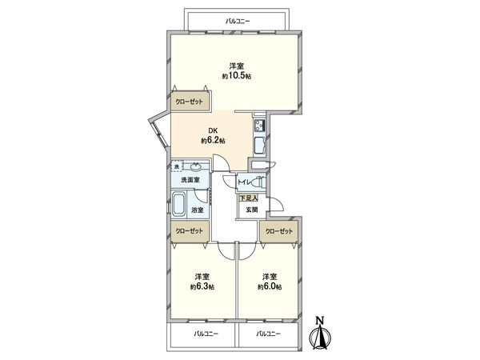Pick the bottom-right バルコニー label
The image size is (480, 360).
268,333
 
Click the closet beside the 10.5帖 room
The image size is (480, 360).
190,102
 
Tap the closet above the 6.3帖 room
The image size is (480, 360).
190,230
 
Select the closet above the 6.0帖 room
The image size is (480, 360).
278,230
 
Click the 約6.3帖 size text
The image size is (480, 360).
202,286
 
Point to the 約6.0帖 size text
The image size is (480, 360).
269,286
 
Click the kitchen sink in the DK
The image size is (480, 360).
261,145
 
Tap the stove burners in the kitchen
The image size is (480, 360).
261,126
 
